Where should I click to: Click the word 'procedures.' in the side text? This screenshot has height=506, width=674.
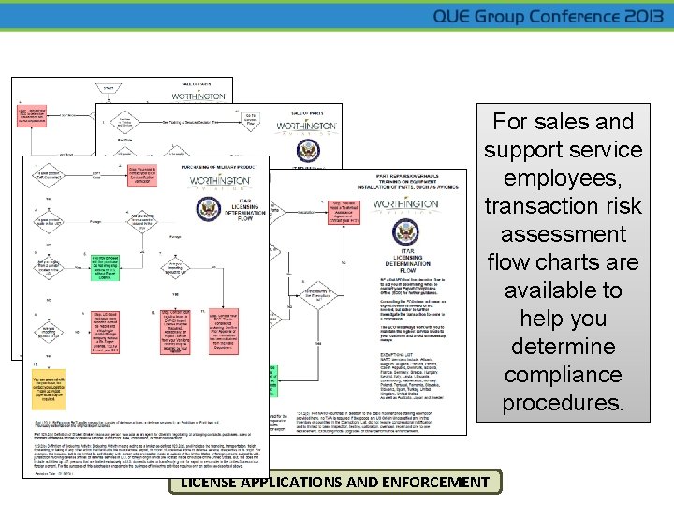coord(563,403)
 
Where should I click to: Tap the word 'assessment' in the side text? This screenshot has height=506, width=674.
coord(563,234)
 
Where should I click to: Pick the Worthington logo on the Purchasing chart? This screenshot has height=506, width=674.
coord(219,179)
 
